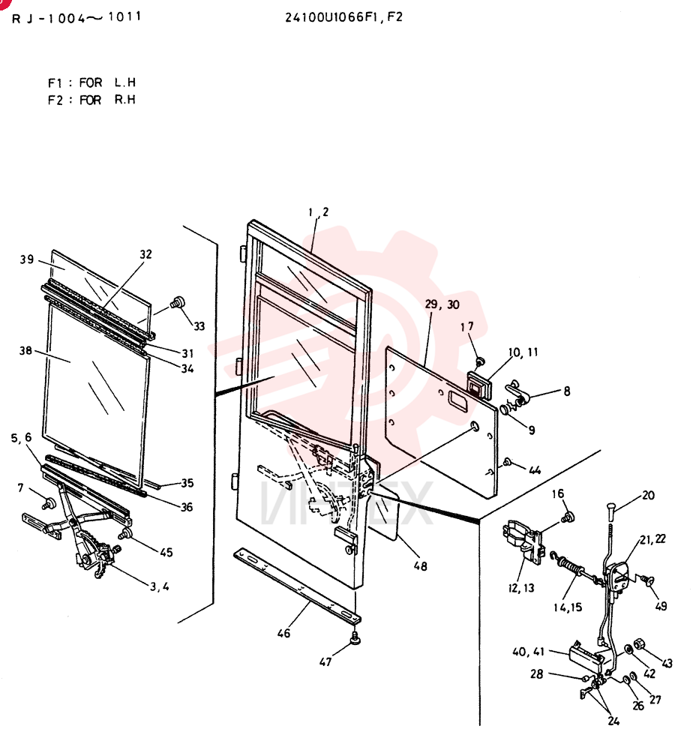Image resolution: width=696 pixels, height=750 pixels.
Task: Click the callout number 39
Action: click(x=27, y=259)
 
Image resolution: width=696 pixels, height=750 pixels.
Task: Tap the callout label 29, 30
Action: click(x=442, y=304)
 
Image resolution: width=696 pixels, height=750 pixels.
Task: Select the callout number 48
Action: click(x=421, y=566)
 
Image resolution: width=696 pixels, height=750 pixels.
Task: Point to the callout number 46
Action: click(x=283, y=633)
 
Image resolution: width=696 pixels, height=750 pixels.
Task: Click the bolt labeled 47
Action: click(x=355, y=638)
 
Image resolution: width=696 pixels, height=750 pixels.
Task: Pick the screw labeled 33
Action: click(x=178, y=302)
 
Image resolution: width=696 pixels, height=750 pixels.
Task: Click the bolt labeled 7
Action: click(x=48, y=504)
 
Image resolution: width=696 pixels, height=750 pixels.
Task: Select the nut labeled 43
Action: click(x=640, y=644)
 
